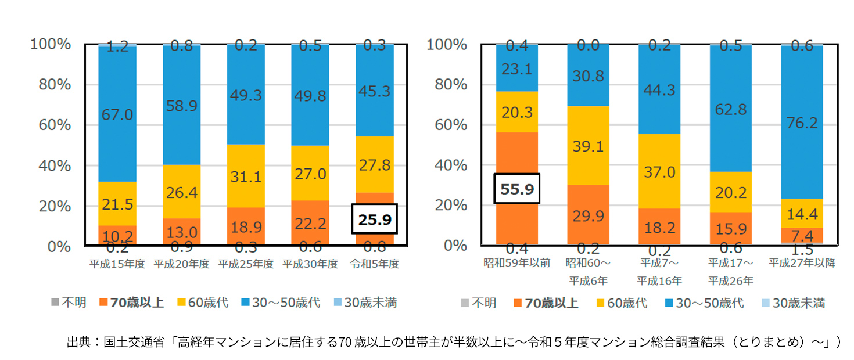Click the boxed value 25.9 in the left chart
[374, 219]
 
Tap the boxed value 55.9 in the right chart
[516, 188]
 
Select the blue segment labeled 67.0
[117, 114]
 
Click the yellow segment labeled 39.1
[588, 146]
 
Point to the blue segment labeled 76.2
[802, 123]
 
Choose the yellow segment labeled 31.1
[246, 176]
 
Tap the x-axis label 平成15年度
[117, 263]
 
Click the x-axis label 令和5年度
[375, 263]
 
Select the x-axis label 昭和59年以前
[516, 262]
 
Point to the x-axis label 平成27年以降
[802, 262]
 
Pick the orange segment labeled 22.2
[310, 222]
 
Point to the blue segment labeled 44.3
[659, 89]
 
